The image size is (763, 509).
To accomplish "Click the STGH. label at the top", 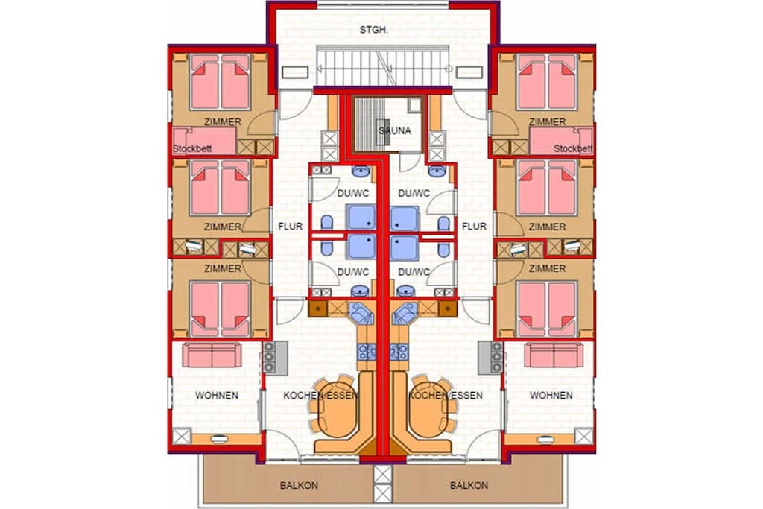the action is pyautogui.click(x=374, y=30).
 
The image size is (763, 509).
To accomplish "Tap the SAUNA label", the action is pyautogui.click(x=395, y=130).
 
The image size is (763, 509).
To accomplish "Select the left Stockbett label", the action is pyautogui.click(x=192, y=148).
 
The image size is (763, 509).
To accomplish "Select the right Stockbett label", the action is pyautogui.click(x=573, y=148).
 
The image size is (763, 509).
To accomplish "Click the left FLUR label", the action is pyautogui.click(x=290, y=227).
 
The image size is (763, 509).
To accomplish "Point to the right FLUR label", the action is pyautogui.click(x=474, y=227).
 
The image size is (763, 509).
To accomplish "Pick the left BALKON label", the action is pyautogui.click(x=299, y=485).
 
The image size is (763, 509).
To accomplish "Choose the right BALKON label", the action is pyautogui.click(x=469, y=485).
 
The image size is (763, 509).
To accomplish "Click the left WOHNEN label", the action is pyautogui.click(x=217, y=396).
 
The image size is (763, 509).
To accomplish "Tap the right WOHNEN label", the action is pyautogui.click(x=551, y=396).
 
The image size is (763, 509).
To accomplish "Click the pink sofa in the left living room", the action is pyautogui.click(x=212, y=355).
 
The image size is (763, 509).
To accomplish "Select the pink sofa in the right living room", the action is pyautogui.click(x=554, y=355).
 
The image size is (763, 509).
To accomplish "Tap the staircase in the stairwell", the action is pyautogui.click(x=382, y=66).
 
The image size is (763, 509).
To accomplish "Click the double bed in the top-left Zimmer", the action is pyautogui.click(x=221, y=82).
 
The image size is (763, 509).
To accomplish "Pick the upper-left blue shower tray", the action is pyautogui.click(x=361, y=217).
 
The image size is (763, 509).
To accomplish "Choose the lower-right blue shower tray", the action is pyautogui.click(x=404, y=247).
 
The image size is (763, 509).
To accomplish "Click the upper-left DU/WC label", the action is pyautogui.click(x=353, y=193).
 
